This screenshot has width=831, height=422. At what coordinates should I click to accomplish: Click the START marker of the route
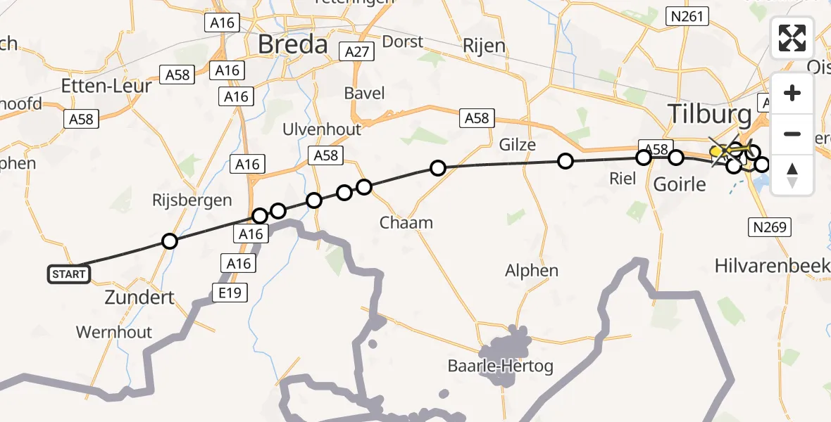point(69,274)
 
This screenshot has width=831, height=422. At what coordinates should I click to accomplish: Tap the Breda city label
point(293,45)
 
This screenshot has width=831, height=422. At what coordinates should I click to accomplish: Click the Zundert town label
point(139,297)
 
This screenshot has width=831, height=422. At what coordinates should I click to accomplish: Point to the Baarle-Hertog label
point(500,366)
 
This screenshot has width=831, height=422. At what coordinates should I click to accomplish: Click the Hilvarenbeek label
point(771,265)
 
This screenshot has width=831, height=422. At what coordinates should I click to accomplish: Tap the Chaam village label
point(406,223)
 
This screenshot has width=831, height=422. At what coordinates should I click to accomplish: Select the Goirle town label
point(680,184)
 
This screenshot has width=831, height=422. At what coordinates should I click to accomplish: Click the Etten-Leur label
point(106,86)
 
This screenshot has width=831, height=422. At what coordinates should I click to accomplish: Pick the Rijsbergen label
point(192,200)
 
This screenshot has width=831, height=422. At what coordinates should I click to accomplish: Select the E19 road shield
point(231,291)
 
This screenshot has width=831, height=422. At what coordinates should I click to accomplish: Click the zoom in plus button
point(792,93)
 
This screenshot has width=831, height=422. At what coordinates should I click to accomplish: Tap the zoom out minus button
point(792,134)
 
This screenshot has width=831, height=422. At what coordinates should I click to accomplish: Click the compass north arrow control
point(792,174)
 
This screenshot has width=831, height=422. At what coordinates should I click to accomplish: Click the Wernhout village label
point(113,332)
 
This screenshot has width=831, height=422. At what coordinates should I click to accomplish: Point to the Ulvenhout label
point(321,129)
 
